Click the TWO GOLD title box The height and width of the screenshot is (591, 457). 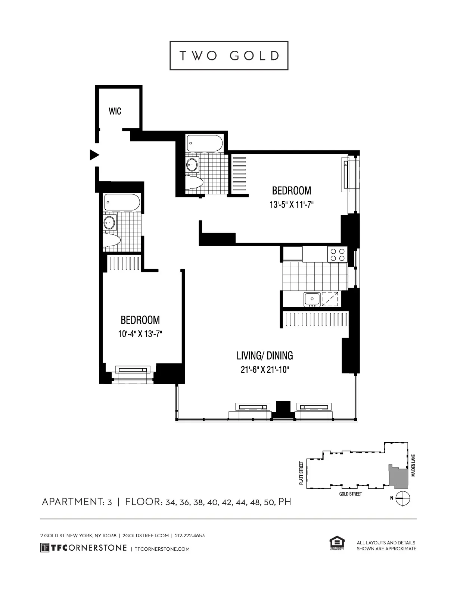(229, 56)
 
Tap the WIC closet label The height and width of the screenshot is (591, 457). (115, 111)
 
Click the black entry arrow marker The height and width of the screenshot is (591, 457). (94, 154)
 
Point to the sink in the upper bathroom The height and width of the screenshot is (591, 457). (193, 164)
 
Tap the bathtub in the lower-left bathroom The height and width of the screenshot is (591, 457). (122, 202)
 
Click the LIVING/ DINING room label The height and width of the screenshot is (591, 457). (265, 355)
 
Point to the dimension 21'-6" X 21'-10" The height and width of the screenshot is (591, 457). (265, 370)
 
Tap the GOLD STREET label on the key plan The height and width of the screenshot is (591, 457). (350, 494)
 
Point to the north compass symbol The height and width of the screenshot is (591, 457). (404, 498)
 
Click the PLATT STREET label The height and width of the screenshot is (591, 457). (301, 473)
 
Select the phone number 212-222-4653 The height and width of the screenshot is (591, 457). (189, 535)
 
